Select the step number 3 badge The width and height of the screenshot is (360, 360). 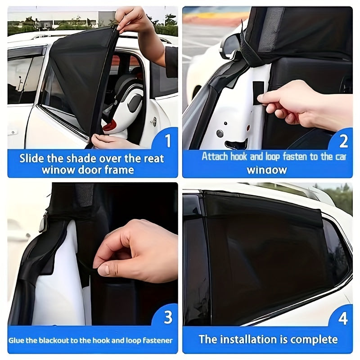[168, 318]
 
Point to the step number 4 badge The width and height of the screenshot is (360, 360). [343, 318]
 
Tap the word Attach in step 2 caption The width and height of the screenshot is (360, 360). [215, 157]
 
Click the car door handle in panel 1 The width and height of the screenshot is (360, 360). [153, 121]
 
